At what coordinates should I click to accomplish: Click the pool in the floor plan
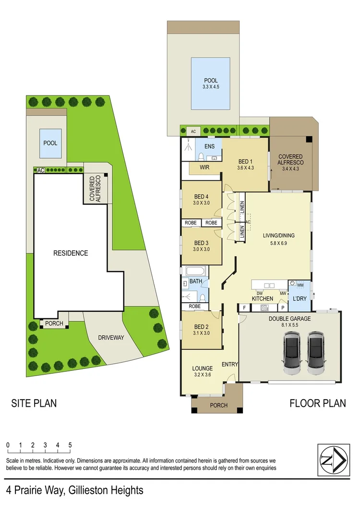(210, 84)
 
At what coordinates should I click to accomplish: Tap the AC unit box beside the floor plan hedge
(193, 131)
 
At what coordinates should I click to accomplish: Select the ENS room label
(209, 146)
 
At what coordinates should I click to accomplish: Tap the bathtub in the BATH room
(195, 272)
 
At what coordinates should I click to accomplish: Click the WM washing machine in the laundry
(300, 285)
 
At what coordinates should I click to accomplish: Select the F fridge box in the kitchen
(244, 308)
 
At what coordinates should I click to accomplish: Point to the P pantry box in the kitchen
(283, 308)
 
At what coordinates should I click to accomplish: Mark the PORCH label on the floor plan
(218, 405)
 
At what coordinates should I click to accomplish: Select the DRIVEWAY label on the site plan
(111, 338)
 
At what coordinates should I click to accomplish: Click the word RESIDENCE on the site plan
(71, 253)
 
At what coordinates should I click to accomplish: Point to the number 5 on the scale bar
(70, 445)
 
